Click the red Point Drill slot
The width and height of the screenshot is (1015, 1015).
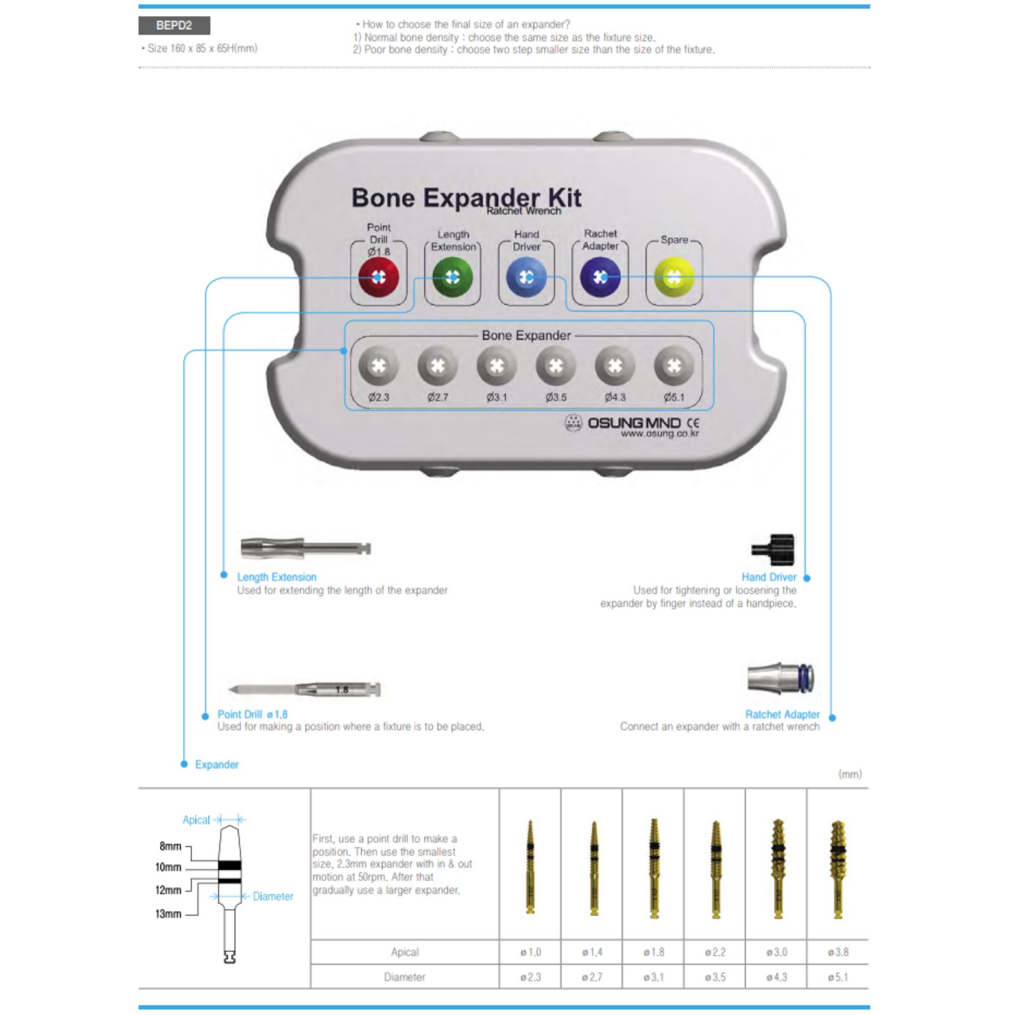379,277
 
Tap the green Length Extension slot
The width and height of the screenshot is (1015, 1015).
452,277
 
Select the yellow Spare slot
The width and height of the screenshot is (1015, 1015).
674,277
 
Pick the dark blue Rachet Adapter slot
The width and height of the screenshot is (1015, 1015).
600,277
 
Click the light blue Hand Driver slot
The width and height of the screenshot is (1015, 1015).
526,277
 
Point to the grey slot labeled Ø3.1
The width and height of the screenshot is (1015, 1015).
497,366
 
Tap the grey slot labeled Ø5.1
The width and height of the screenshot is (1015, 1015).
674,366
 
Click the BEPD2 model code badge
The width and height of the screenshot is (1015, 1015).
174,25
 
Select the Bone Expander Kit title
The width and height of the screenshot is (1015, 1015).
466,197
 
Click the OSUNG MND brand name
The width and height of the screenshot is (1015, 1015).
634,423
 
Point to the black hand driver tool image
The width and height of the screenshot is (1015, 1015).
773,549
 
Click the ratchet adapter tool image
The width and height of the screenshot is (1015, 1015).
780,679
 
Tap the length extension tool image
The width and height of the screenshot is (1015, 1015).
306,547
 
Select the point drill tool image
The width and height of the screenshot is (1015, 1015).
304,690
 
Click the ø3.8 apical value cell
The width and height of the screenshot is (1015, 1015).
837,952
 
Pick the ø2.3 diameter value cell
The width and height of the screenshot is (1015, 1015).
530,977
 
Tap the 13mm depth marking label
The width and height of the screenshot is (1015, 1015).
168,913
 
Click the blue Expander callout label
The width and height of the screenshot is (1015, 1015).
217,764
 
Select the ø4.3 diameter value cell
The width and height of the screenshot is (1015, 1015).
776,977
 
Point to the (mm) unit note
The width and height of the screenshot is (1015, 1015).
850,774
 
